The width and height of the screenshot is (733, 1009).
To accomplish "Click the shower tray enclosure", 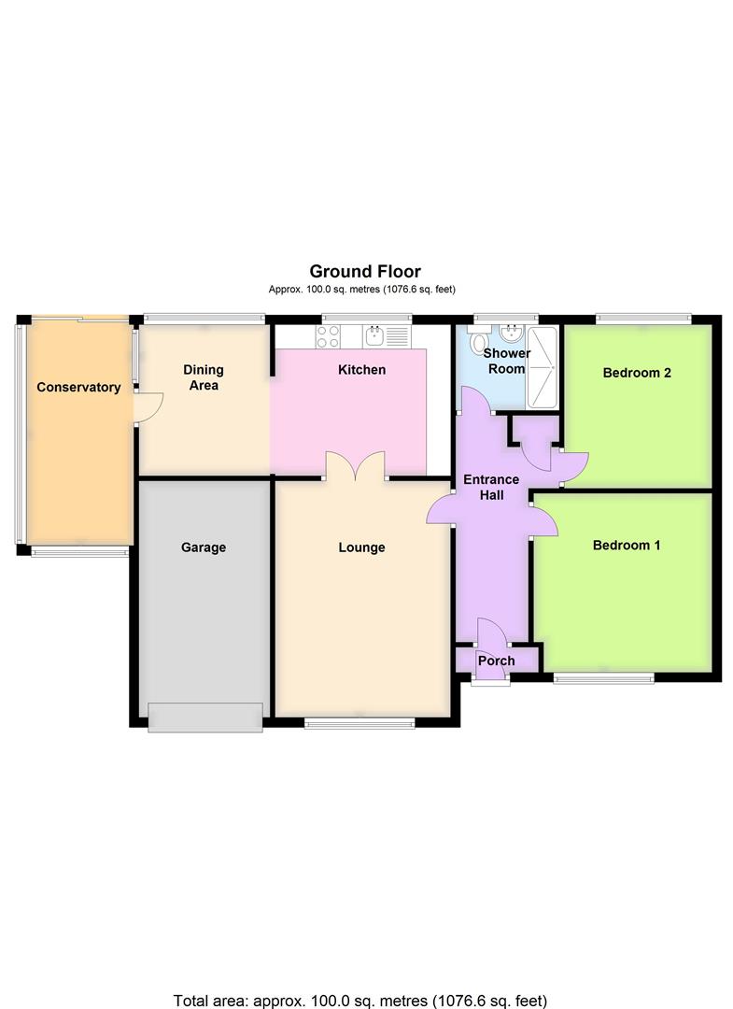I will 543,367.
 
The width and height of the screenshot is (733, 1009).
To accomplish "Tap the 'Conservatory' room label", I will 78,387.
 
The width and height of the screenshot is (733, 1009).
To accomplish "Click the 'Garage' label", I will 204,547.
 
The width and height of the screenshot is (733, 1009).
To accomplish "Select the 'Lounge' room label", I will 361,547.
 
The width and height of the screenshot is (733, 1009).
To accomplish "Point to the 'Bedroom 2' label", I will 638,373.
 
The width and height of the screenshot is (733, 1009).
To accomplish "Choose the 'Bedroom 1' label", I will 627,545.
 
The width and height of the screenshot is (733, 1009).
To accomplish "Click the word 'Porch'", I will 496,661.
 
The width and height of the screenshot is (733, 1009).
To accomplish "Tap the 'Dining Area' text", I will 204,377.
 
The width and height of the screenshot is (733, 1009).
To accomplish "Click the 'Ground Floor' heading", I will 365,272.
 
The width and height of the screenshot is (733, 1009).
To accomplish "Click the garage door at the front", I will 205,717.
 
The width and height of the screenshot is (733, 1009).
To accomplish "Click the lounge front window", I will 359,720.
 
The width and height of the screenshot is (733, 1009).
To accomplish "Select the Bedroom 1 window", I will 603,677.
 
